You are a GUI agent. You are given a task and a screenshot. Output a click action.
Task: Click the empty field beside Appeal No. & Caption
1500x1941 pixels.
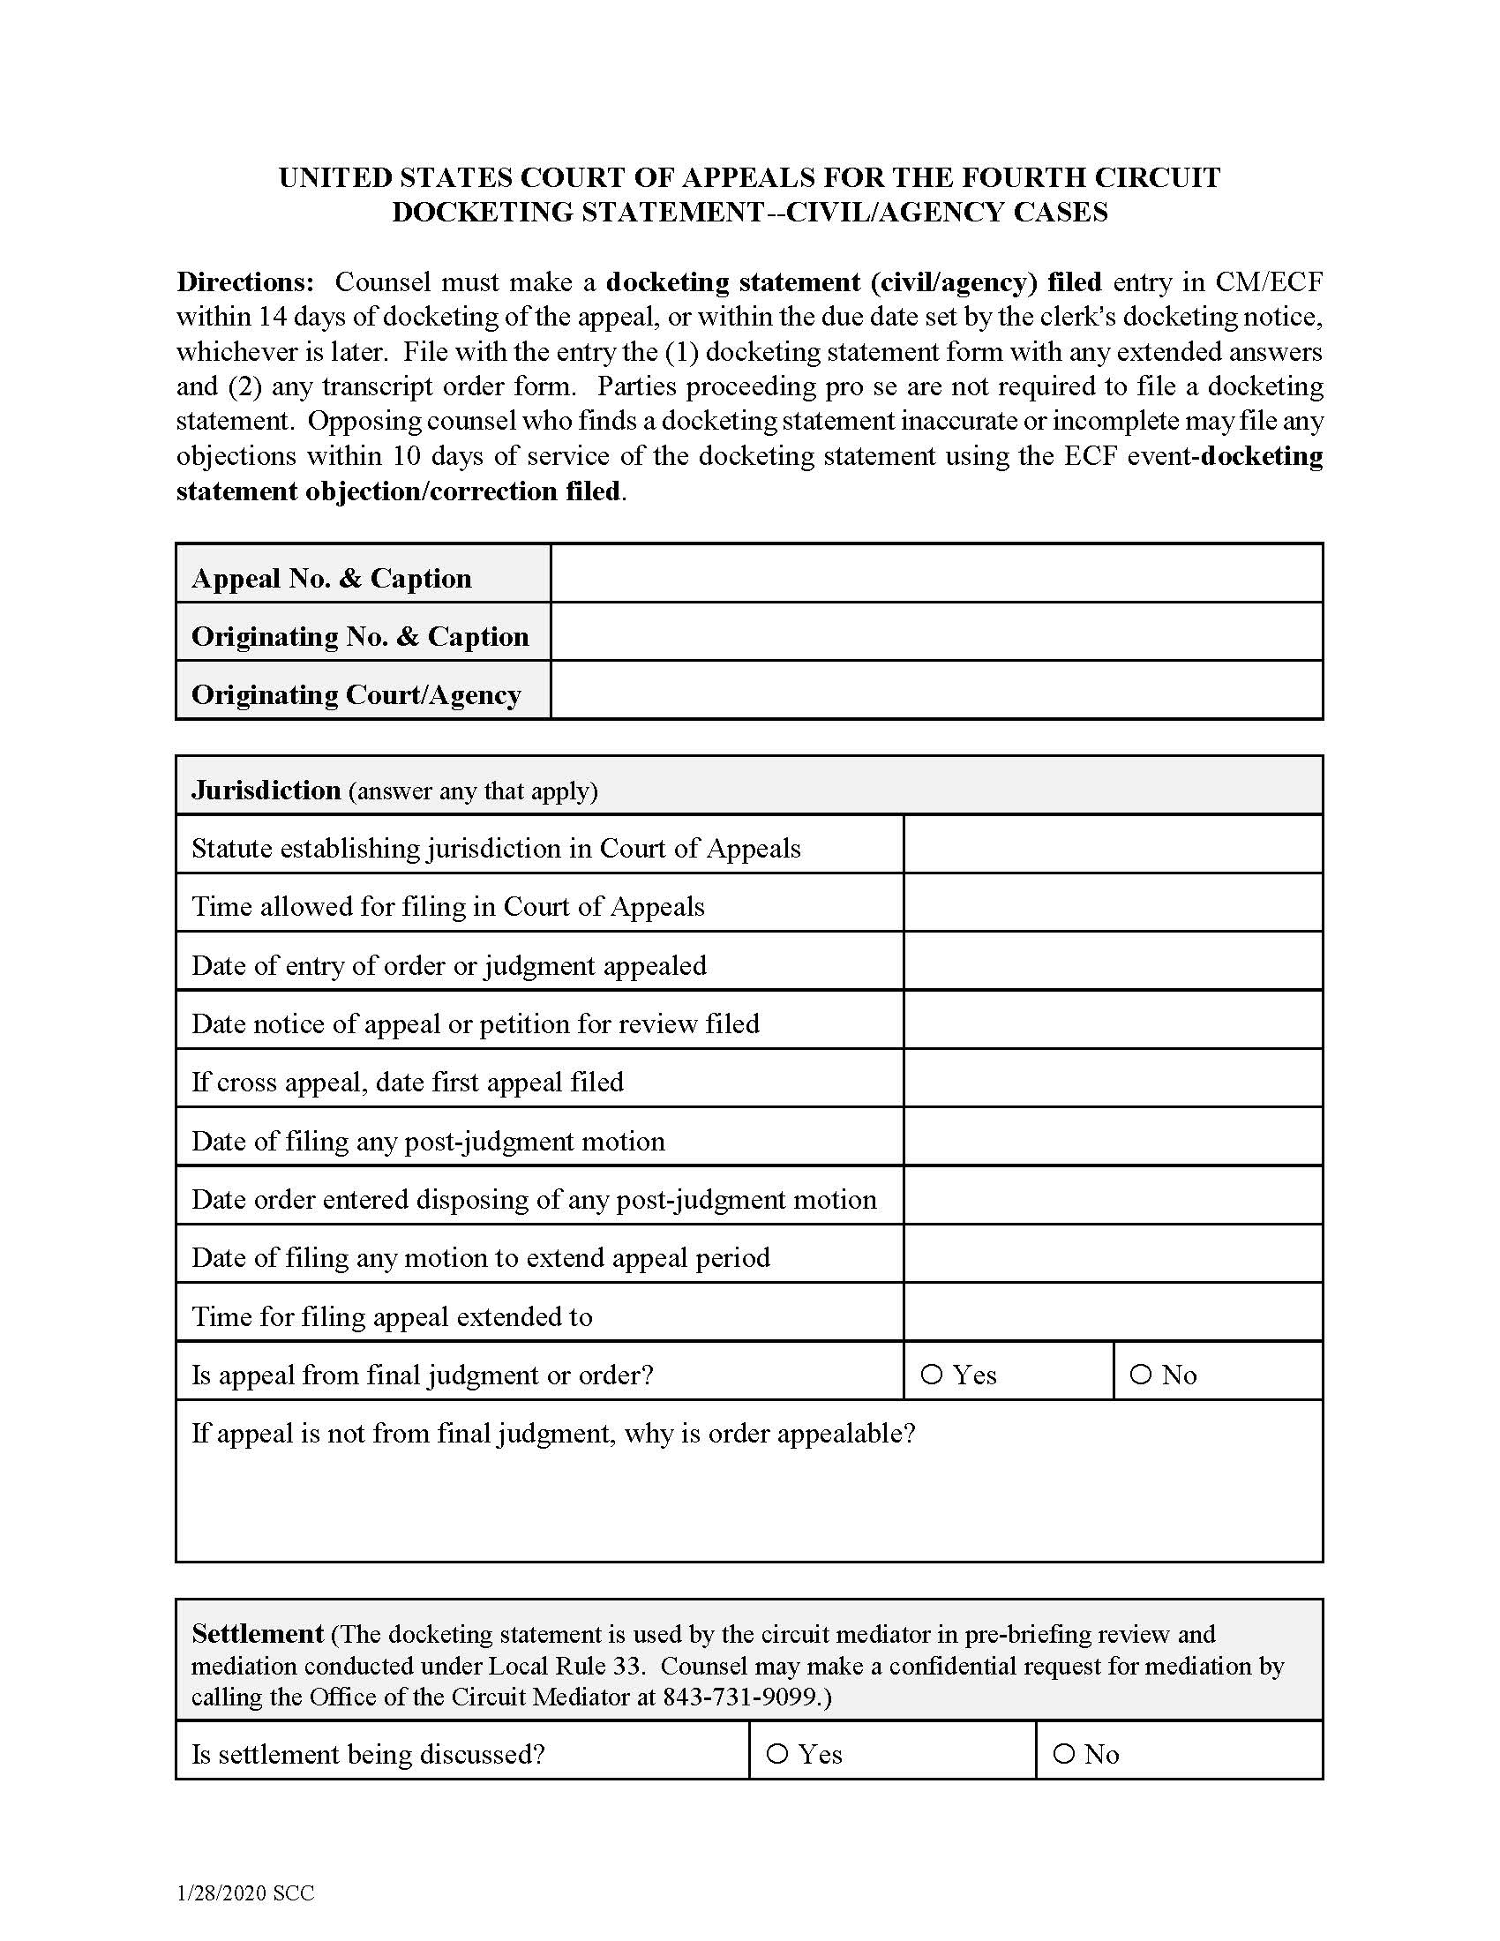coord(935,573)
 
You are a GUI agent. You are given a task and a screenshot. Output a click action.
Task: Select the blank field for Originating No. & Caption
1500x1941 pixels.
coord(935,632)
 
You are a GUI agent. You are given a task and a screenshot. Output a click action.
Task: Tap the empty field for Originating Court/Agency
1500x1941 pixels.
coord(935,690)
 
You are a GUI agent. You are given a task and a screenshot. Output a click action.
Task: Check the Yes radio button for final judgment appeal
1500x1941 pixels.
coord(931,1374)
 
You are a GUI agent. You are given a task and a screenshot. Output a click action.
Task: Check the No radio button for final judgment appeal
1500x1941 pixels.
coord(1140,1374)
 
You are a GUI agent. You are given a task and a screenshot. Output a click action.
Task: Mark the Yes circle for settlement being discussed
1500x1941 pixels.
coord(776,1753)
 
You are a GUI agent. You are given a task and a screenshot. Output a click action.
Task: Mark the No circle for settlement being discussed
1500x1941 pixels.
coord(1063,1753)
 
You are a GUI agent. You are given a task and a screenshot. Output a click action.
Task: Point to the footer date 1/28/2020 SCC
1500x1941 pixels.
coord(245,1893)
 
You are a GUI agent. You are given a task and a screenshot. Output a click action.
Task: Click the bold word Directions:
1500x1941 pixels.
coord(245,281)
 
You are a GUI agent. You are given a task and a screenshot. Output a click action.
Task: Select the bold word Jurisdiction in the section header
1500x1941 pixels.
coord(266,791)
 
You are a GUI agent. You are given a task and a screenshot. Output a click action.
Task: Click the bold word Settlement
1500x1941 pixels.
coord(257,1633)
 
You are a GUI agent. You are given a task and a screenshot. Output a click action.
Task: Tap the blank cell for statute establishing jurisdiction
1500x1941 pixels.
coord(1113,844)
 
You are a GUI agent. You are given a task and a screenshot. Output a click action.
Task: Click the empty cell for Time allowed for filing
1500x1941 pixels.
coord(1113,903)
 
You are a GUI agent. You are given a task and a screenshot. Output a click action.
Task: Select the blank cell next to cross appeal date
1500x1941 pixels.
coord(1113,1078)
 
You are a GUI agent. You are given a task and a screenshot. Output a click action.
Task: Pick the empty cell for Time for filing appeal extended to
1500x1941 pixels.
coord(1113,1312)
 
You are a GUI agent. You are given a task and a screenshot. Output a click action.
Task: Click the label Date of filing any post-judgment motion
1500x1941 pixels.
coord(428,1141)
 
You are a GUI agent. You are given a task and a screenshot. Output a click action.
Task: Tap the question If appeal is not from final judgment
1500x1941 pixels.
coord(552,1433)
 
